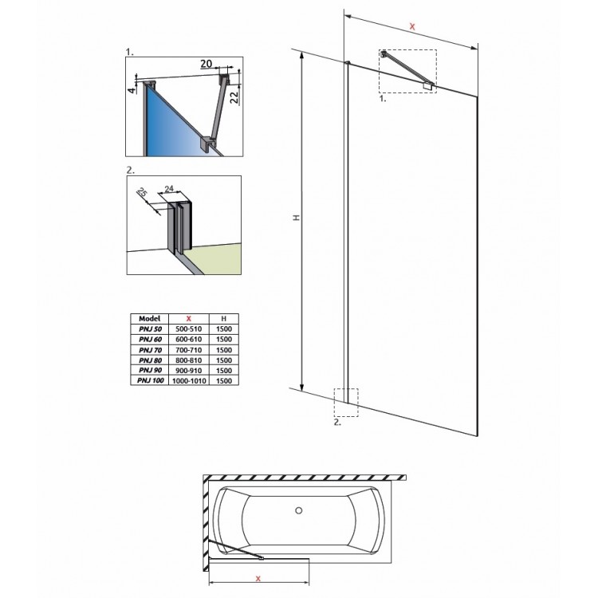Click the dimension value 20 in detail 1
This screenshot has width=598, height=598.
coord(206,63)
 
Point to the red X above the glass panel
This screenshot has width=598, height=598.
coord(411,27)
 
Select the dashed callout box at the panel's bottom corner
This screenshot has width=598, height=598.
coord(347,402)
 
